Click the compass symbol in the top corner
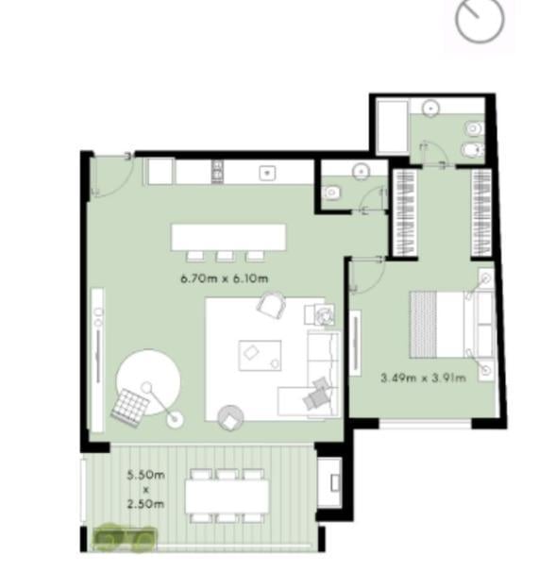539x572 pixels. pyautogui.click(x=480, y=19)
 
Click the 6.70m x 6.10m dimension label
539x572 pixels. pyautogui.click(x=225, y=278)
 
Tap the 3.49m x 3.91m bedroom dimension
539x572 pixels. pyautogui.click(x=423, y=378)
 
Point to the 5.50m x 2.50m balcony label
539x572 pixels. pyautogui.click(x=145, y=489)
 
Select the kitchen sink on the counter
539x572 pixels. pyautogui.click(x=267, y=173)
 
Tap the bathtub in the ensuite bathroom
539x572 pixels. pyautogui.click(x=393, y=126)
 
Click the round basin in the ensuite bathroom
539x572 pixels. pyautogui.click(x=430, y=109)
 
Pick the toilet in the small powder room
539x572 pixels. pyautogui.click(x=331, y=192)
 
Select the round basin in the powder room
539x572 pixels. pyautogui.click(x=361, y=171)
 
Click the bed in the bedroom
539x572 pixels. pyautogui.click(x=452, y=324)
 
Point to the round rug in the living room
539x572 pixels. pyautogui.click(x=148, y=381)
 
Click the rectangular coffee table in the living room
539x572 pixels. pyautogui.click(x=260, y=355)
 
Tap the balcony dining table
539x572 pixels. pyautogui.click(x=227, y=496)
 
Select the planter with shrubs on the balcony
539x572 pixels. pyautogui.click(x=125, y=538)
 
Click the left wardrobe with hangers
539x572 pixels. pyautogui.click(x=406, y=213)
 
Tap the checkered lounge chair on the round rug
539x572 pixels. pyautogui.click(x=130, y=408)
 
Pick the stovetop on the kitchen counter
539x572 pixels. pyautogui.click(x=217, y=172)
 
